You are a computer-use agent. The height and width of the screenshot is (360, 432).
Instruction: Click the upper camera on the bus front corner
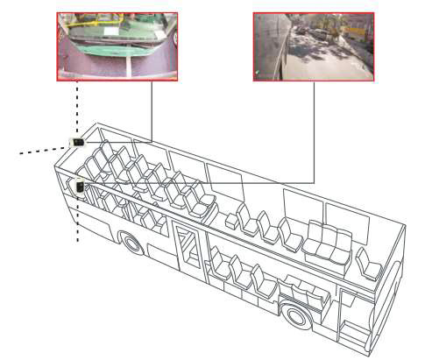tap(78, 142)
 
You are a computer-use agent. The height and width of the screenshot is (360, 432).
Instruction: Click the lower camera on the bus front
tap(80, 187)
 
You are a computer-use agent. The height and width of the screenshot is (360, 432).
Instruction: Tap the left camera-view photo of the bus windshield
tap(117, 46)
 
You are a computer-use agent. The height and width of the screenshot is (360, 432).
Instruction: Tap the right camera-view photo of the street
tap(314, 46)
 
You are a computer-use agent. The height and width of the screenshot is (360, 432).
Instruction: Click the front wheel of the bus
tap(132, 242)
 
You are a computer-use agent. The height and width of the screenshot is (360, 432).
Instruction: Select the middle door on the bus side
tap(187, 250)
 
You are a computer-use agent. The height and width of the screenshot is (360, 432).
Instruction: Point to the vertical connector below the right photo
tap(314, 131)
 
